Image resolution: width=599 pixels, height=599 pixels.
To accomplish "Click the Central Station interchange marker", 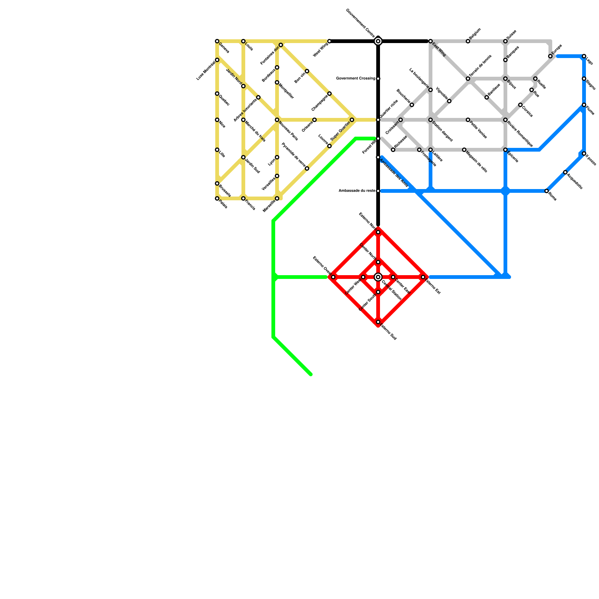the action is coord(378,277).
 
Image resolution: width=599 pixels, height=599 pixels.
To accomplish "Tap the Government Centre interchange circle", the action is coord(378,41).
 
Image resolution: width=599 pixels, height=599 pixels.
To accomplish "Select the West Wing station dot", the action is coord(329,41).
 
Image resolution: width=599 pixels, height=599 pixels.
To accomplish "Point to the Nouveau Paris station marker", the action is coord(277,120).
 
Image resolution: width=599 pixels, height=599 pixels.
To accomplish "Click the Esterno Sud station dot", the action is coord(378,322).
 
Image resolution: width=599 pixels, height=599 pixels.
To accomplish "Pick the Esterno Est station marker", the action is coord(423,277).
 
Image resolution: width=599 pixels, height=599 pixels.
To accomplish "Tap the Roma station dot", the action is coord(547,191).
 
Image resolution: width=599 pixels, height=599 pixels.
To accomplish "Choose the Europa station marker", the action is coord(550,56).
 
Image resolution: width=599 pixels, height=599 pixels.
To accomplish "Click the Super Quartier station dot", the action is coord(352,120).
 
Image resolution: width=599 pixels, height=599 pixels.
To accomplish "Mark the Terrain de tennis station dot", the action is coord(468,79).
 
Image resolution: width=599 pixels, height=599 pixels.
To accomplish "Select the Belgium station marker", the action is coord(468,41).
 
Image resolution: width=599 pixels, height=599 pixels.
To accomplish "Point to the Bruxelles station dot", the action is coord(217,183).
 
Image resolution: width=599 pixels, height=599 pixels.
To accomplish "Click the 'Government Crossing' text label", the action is coord(355,79).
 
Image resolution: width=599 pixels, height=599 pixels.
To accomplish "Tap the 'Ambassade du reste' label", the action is coord(356,191).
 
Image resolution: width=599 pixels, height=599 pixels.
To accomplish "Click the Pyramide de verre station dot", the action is coord(307,168).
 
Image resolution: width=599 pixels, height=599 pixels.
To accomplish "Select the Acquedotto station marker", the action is coord(565,172).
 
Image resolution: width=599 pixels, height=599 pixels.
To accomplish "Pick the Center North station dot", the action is coord(378,262).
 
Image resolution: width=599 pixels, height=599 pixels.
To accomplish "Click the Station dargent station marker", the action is coord(431,120).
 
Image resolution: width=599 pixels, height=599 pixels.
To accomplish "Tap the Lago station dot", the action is coord(584,56).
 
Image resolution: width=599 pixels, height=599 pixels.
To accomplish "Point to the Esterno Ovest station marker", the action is coord(333,277).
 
